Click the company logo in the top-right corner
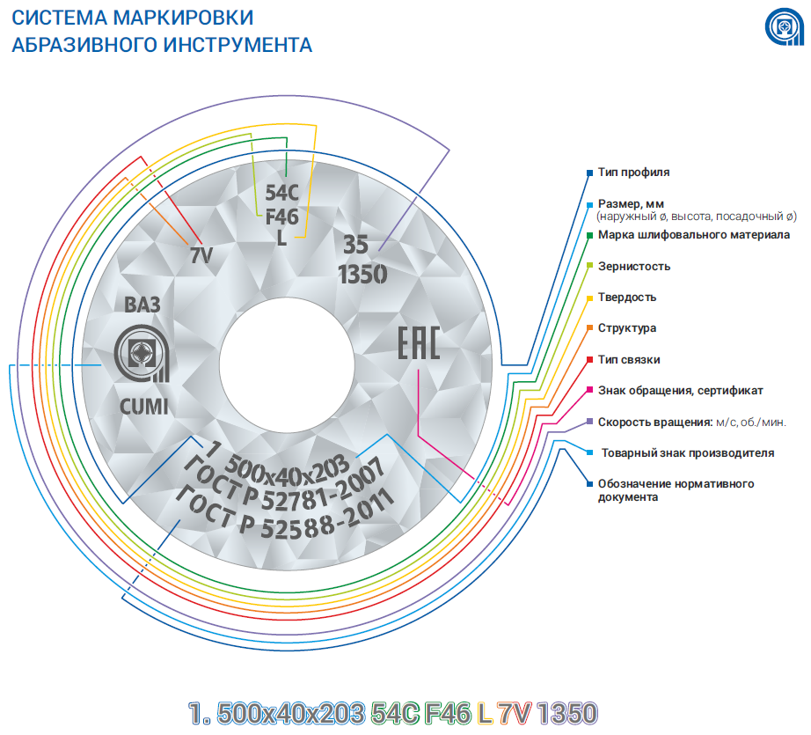click(784, 26)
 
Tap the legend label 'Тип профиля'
click(633, 173)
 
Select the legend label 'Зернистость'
click(634, 266)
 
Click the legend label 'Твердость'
click(627, 298)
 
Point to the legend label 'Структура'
click(627, 328)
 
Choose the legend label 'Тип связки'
click(629, 359)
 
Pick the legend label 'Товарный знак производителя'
click(688, 453)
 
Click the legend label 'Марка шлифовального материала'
click(694, 235)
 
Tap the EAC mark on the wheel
click(419, 342)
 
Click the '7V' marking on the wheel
click(201, 255)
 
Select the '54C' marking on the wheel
click(281, 193)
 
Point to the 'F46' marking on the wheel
click(281, 217)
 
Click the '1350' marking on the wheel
click(362, 275)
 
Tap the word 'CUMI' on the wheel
click(143, 407)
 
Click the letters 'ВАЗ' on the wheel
click(142, 305)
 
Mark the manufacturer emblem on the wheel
click(142, 354)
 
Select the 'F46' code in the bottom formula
click(448, 713)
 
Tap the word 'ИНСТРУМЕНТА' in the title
click(237, 45)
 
